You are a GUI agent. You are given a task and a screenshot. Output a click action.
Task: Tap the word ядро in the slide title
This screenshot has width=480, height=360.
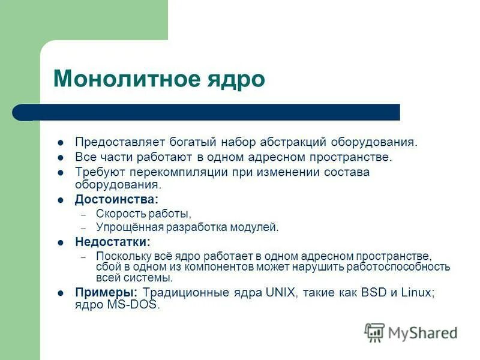[x=239, y=79]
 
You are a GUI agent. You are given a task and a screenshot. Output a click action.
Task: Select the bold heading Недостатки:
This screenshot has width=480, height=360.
[x=113, y=242]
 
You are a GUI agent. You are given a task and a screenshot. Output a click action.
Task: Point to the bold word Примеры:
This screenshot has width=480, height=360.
[x=106, y=292]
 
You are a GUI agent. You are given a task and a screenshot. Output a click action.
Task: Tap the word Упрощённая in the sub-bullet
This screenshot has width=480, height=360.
[x=124, y=227]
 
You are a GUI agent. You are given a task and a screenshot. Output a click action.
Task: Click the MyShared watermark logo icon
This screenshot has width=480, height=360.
[x=375, y=332]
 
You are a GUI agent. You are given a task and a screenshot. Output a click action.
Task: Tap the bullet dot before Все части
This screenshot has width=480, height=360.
[x=60, y=158]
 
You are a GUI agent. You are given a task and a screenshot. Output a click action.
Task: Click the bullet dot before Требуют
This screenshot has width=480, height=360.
[x=60, y=173]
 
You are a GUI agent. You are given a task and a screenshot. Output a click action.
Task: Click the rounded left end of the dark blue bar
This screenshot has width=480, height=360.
[x=19, y=112]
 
